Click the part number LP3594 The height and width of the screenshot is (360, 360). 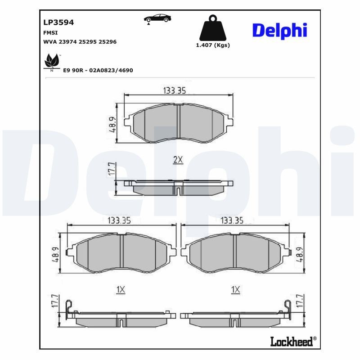[x=58, y=22]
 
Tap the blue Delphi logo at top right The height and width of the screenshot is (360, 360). [x=279, y=30]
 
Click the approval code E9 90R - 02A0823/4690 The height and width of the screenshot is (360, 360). [x=98, y=71]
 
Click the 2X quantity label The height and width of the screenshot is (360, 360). [x=178, y=160]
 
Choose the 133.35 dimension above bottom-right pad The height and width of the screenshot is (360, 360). [x=232, y=220]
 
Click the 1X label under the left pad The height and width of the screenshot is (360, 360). [x=120, y=290]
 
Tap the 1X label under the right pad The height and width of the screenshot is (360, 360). [x=235, y=290]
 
